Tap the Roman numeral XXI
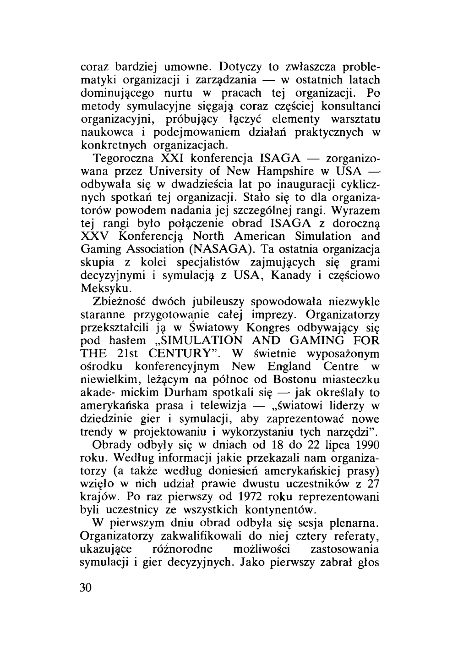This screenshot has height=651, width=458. [170, 159]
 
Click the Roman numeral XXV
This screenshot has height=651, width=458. [95, 237]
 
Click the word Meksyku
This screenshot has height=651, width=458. [100, 289]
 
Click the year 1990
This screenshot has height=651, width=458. [367, 445]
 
